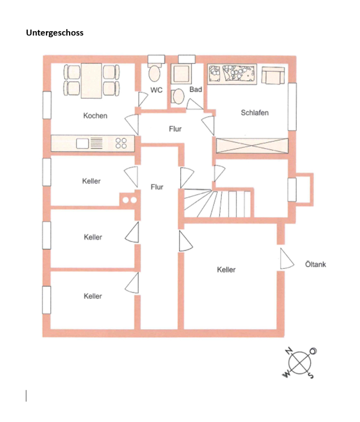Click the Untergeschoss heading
(55, 33)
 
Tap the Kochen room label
(95, 116)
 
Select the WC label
(156, 90)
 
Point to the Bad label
(196, 89)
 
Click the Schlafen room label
(255, 113)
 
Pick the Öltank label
(315, 264)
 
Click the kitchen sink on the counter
(83, 143)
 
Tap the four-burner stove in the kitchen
(121, 143)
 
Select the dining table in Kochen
(91, 81)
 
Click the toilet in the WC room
(154, 72)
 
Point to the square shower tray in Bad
(181, 74)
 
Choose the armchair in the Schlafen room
(273, 75)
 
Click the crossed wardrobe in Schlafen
(252, 146)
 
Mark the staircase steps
(218, 203)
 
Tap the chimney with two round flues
(130, 200)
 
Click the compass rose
(300, 363)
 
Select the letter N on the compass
(289, 351)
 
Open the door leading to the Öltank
(287, 258)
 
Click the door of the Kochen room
(132, 124)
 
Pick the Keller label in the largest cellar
(226, 270)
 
